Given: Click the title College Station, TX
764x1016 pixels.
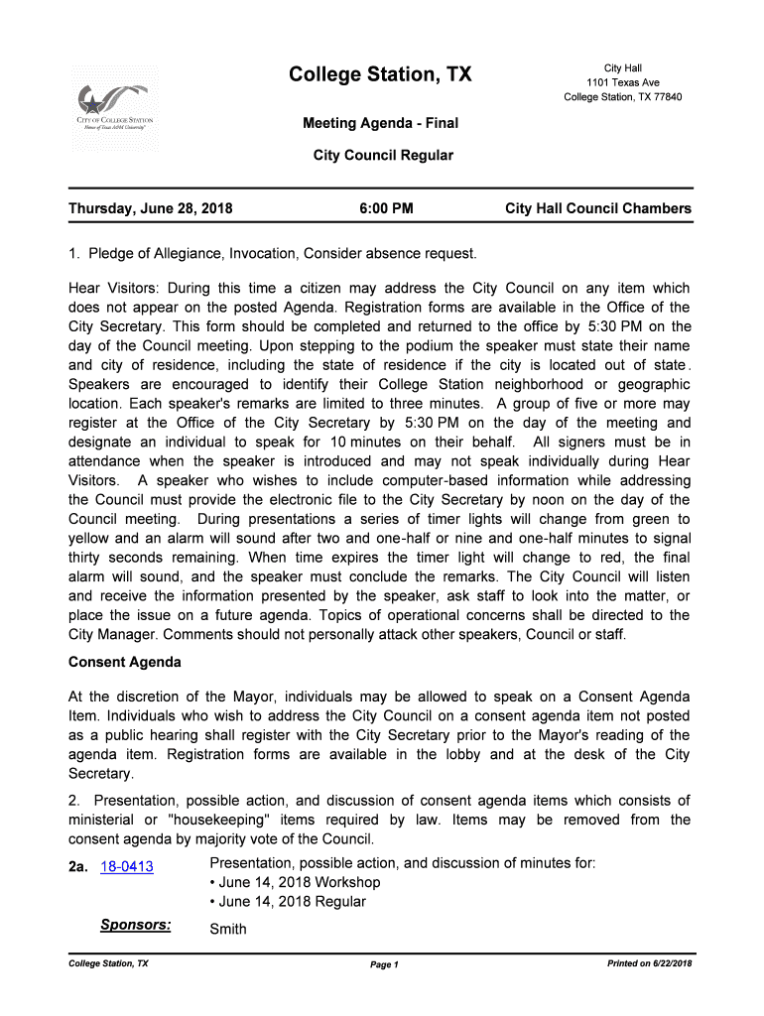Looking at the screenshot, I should [x=380, y=75].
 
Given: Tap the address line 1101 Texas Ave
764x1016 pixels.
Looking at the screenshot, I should [x=623, y=82].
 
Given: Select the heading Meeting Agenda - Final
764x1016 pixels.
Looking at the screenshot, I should [x=380, y=124].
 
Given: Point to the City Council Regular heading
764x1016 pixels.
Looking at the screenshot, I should [x=383, y=156].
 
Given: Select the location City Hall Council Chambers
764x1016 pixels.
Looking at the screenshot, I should [x=598, y=209].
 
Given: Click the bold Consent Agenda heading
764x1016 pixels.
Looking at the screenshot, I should [x=124, y=662].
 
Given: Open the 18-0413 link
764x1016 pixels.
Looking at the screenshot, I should [x=127, y=866].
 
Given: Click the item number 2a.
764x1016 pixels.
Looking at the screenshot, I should [x=78, y=866].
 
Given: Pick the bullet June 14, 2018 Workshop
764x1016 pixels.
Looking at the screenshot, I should [x=295, y=882].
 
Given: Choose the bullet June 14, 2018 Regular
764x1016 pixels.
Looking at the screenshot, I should [x=288, y=902].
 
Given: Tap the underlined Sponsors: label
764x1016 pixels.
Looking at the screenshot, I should [x=135, y=926].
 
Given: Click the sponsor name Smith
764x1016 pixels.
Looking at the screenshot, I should [x=228, y=930].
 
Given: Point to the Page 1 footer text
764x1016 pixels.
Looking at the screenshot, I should [x=383, y=965].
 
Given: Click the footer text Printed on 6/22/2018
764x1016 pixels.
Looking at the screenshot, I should [x=650, y=964].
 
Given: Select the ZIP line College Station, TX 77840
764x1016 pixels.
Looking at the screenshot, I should [x=623, y=97].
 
